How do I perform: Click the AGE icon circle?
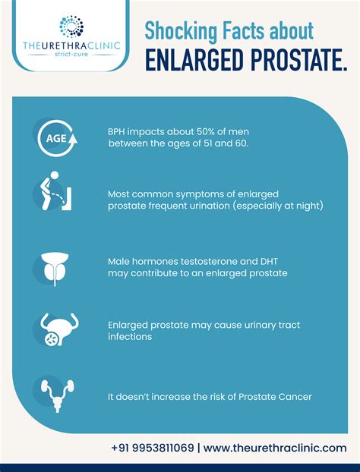coord(55,138)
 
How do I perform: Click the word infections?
coord(131,336)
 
